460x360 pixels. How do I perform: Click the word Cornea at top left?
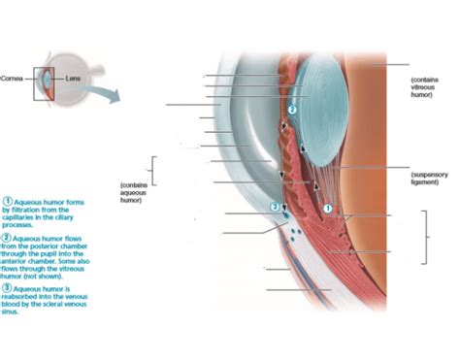[x=14, y=78]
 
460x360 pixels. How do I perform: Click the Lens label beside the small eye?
[x=74, y=78]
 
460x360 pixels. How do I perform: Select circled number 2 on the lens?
[x=291, y=110]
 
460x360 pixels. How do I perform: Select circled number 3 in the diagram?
[x=275, y=207]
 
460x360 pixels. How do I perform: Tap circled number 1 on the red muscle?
[x=327, y=208]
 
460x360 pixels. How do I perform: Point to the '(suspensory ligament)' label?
[x=423, y=177]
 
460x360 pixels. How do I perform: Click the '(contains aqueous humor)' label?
[x=133, y=192]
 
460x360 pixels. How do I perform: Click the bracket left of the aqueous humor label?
[x=150, y=170]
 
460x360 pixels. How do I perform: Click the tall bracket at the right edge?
[x=424, y=237]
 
